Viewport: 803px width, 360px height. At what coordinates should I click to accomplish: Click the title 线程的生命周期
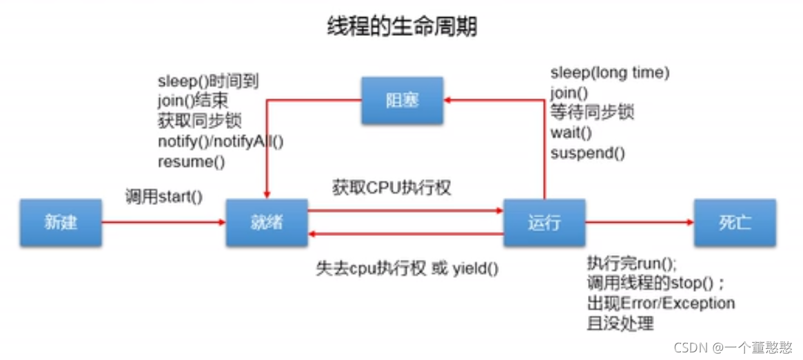coord(401,27)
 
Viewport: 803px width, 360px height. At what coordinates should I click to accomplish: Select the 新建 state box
coord(61,223)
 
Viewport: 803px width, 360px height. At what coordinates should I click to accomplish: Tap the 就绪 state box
coord(267,223)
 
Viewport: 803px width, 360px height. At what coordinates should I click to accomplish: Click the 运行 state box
coord(544,223)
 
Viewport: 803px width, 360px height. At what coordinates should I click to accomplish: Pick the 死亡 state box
coord(735,223)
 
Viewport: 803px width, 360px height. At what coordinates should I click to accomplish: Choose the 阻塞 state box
coord(402,101)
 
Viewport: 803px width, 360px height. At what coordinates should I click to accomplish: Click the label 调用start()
coord(164,197)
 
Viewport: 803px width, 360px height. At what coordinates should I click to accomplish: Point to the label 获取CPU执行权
coord(392,188)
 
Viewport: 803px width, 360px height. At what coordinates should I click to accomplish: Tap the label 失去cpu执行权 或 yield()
coord(407,269)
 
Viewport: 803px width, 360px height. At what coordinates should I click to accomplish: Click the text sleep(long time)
coord(610,72)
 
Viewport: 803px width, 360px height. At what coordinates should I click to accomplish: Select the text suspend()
coord(587,153)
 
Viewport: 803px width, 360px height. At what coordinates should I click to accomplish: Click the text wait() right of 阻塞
coord(571,132)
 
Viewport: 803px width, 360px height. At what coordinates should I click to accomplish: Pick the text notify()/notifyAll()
coord(221,142)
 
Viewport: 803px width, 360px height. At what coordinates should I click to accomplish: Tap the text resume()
coord(192,162)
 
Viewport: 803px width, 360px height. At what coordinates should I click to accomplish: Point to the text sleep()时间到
coord(207,81)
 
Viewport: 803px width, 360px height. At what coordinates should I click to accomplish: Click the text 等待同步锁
coord(592,112)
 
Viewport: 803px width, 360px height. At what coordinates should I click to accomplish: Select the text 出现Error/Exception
coord(660,303)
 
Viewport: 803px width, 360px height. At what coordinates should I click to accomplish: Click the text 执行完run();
coord(632,263)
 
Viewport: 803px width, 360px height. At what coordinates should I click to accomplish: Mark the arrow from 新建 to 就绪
coord(164,223)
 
